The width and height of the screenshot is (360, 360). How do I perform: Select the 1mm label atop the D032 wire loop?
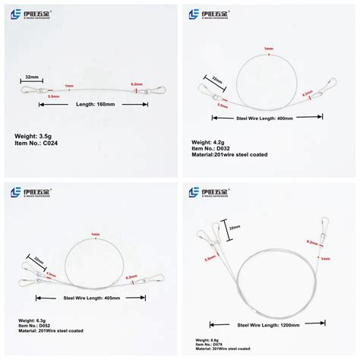(x=268, y=49)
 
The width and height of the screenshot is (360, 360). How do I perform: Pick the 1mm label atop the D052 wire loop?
(x=95, y=234)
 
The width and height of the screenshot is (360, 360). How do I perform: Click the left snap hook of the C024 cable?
(x=24, y=90)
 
